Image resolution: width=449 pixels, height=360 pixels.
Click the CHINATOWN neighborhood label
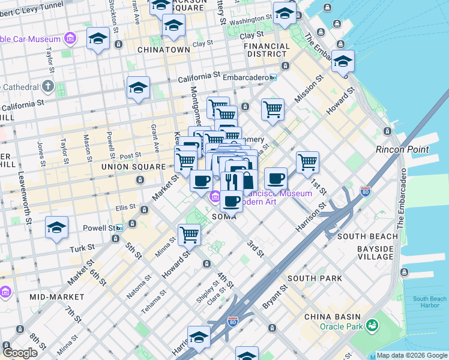click(159, 49)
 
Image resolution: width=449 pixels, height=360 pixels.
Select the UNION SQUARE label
click(133, 166)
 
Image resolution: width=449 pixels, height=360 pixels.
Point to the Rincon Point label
click(402, 149)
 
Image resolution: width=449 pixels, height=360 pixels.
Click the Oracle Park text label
click(340, 326)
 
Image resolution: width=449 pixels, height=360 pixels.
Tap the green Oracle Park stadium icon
click(373, 325)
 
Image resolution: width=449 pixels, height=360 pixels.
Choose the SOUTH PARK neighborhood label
click(315, 278)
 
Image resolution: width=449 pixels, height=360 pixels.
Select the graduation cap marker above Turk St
click(56, 228)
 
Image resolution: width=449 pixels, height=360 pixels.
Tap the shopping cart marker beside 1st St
click(307, 161)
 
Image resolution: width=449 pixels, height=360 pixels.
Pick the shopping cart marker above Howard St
click(189, 235)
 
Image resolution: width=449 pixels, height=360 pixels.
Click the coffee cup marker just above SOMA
click(231, 200)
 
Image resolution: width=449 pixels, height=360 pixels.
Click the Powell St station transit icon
click(119, 228)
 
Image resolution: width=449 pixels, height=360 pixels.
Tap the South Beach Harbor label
click(429, 302)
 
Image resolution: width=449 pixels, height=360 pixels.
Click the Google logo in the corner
click(20, 352)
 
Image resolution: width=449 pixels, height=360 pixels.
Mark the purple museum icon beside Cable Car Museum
click(71, 39)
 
